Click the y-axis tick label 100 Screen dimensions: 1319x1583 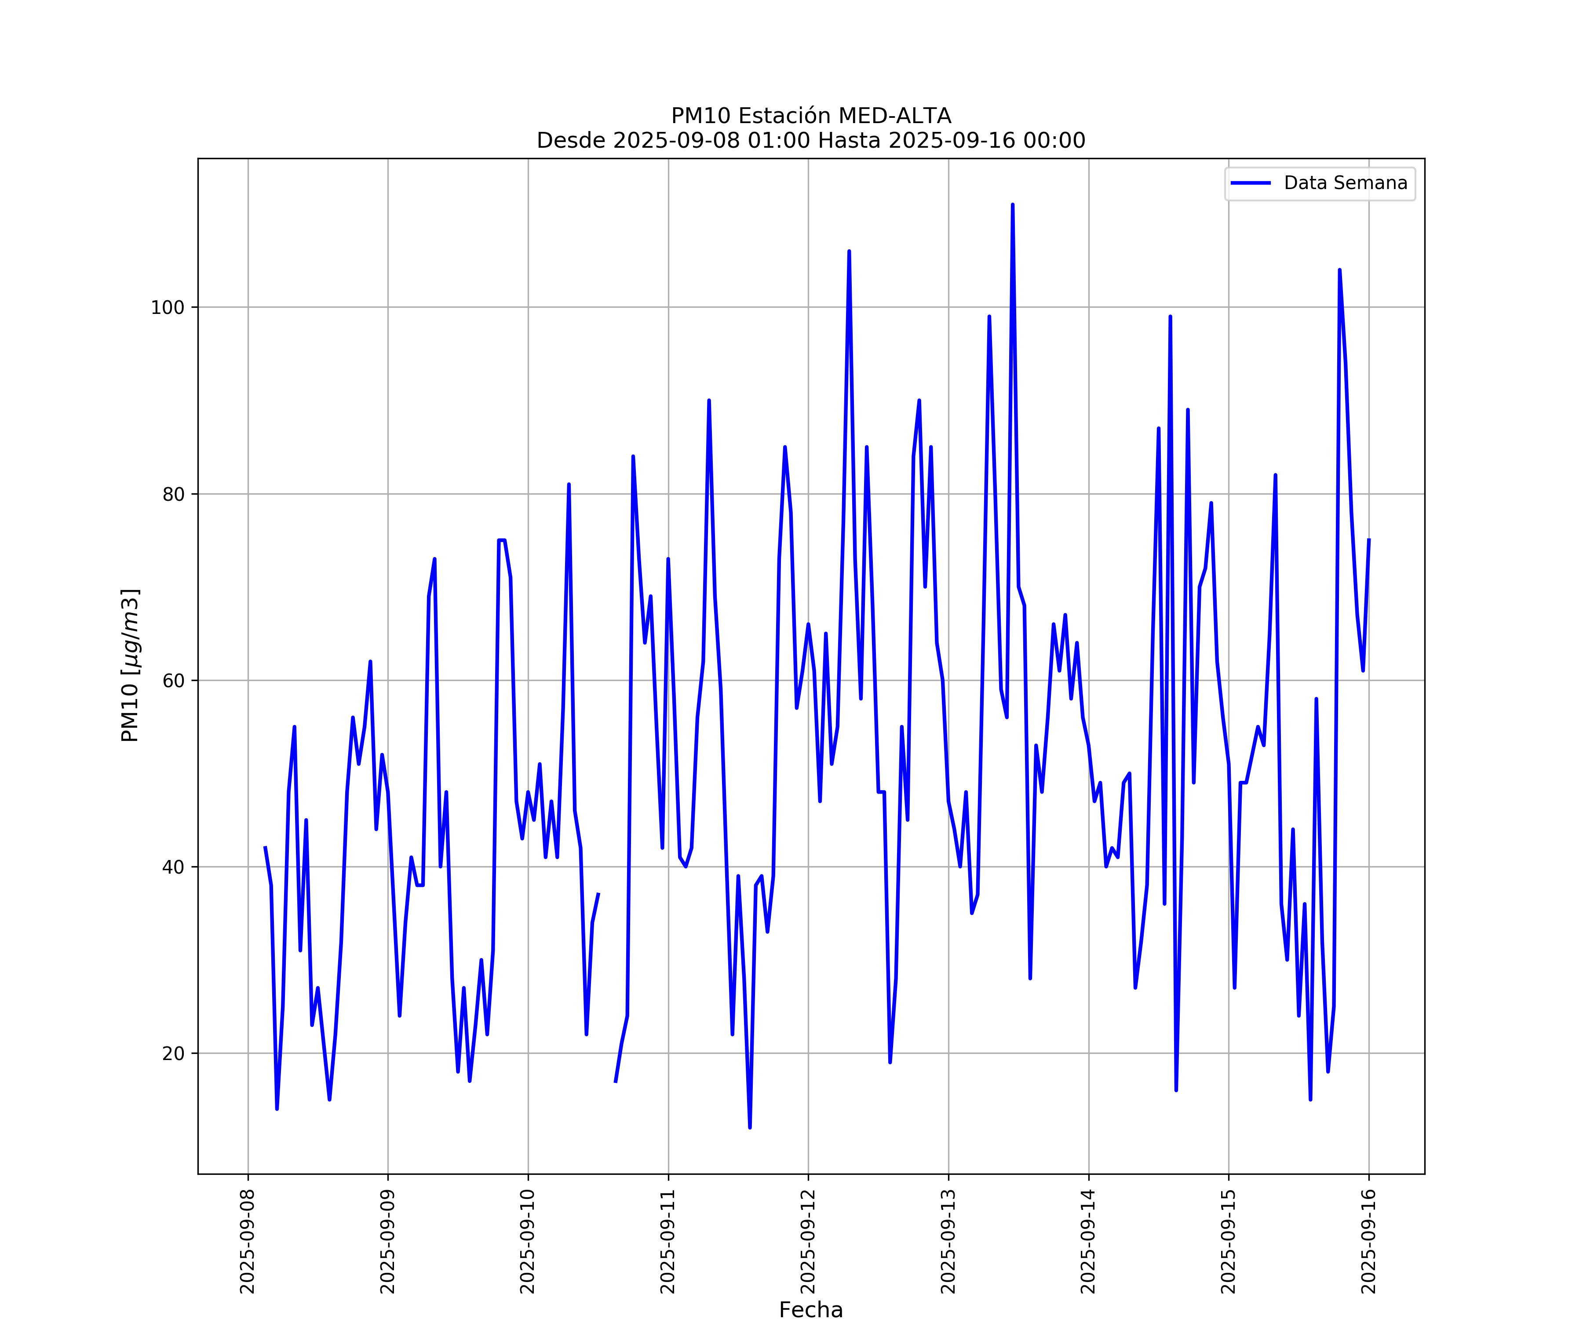[x=168, y=307]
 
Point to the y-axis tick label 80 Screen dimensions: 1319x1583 [x=173, y=495]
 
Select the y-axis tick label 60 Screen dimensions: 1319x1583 [x=173, y=681]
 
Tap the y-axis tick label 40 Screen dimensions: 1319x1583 [x=173, y=867]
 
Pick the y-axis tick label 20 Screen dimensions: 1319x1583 [x=173, y=1054]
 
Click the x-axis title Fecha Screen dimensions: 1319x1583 [x=811, y=1310]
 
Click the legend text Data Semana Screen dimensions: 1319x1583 [x=1346, y=183]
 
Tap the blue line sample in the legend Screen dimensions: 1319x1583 [x=1251, y=183]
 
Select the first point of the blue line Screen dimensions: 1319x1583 [x=265, y=847]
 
